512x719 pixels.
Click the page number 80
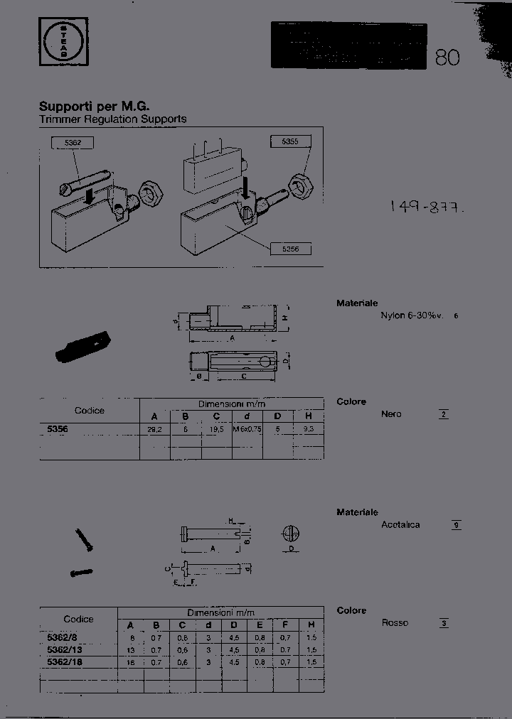(447, 58)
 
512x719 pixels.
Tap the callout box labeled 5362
(73, 143)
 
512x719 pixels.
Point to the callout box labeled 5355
(289, 142)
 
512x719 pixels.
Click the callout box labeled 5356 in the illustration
(289, 249)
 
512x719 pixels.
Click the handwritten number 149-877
(427, 207)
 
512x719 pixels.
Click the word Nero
(391, 414)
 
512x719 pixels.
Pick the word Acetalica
(400, 525)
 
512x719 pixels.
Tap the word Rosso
(395, 623)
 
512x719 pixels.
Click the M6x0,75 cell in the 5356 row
(247, 429)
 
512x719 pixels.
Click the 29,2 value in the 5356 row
(154, 429)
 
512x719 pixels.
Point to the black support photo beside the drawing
(82, 347)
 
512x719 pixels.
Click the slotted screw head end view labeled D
(292, 534)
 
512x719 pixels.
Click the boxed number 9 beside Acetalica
(457, 525)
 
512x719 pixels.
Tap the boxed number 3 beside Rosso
(444, 623)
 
